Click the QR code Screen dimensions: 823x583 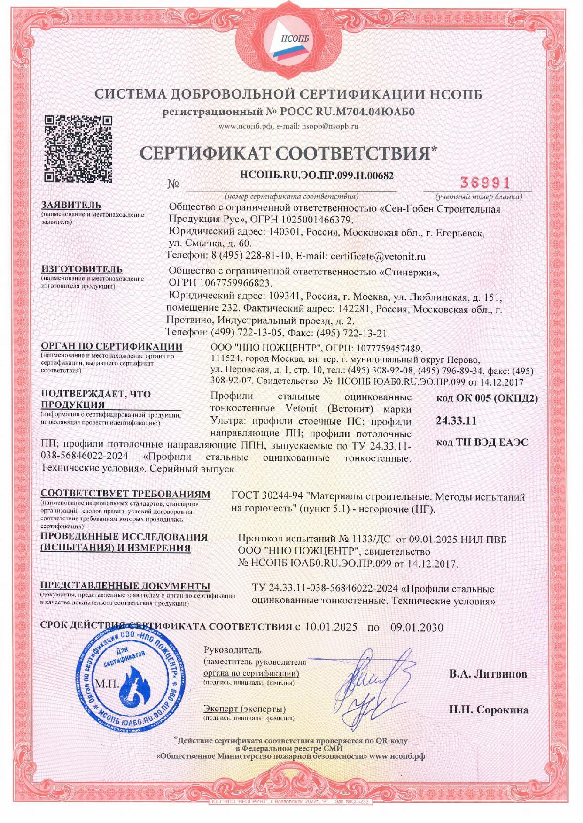click(78, 149)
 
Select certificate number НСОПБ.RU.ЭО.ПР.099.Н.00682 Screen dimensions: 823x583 click(316, 175)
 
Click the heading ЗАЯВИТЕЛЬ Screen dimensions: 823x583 click(71, 206)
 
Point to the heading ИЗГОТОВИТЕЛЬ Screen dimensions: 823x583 click(82, 269)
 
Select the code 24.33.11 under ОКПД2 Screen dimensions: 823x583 click(456, 420)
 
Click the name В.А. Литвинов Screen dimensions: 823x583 click(488, 674)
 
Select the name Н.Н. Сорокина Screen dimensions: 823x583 click(489, 710)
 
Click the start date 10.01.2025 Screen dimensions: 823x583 click(331, 627)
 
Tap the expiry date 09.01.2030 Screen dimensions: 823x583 click(417, 627)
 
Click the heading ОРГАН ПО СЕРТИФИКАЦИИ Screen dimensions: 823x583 click(111, 347)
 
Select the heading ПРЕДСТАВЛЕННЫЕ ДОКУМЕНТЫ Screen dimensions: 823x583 click(125, 586)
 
